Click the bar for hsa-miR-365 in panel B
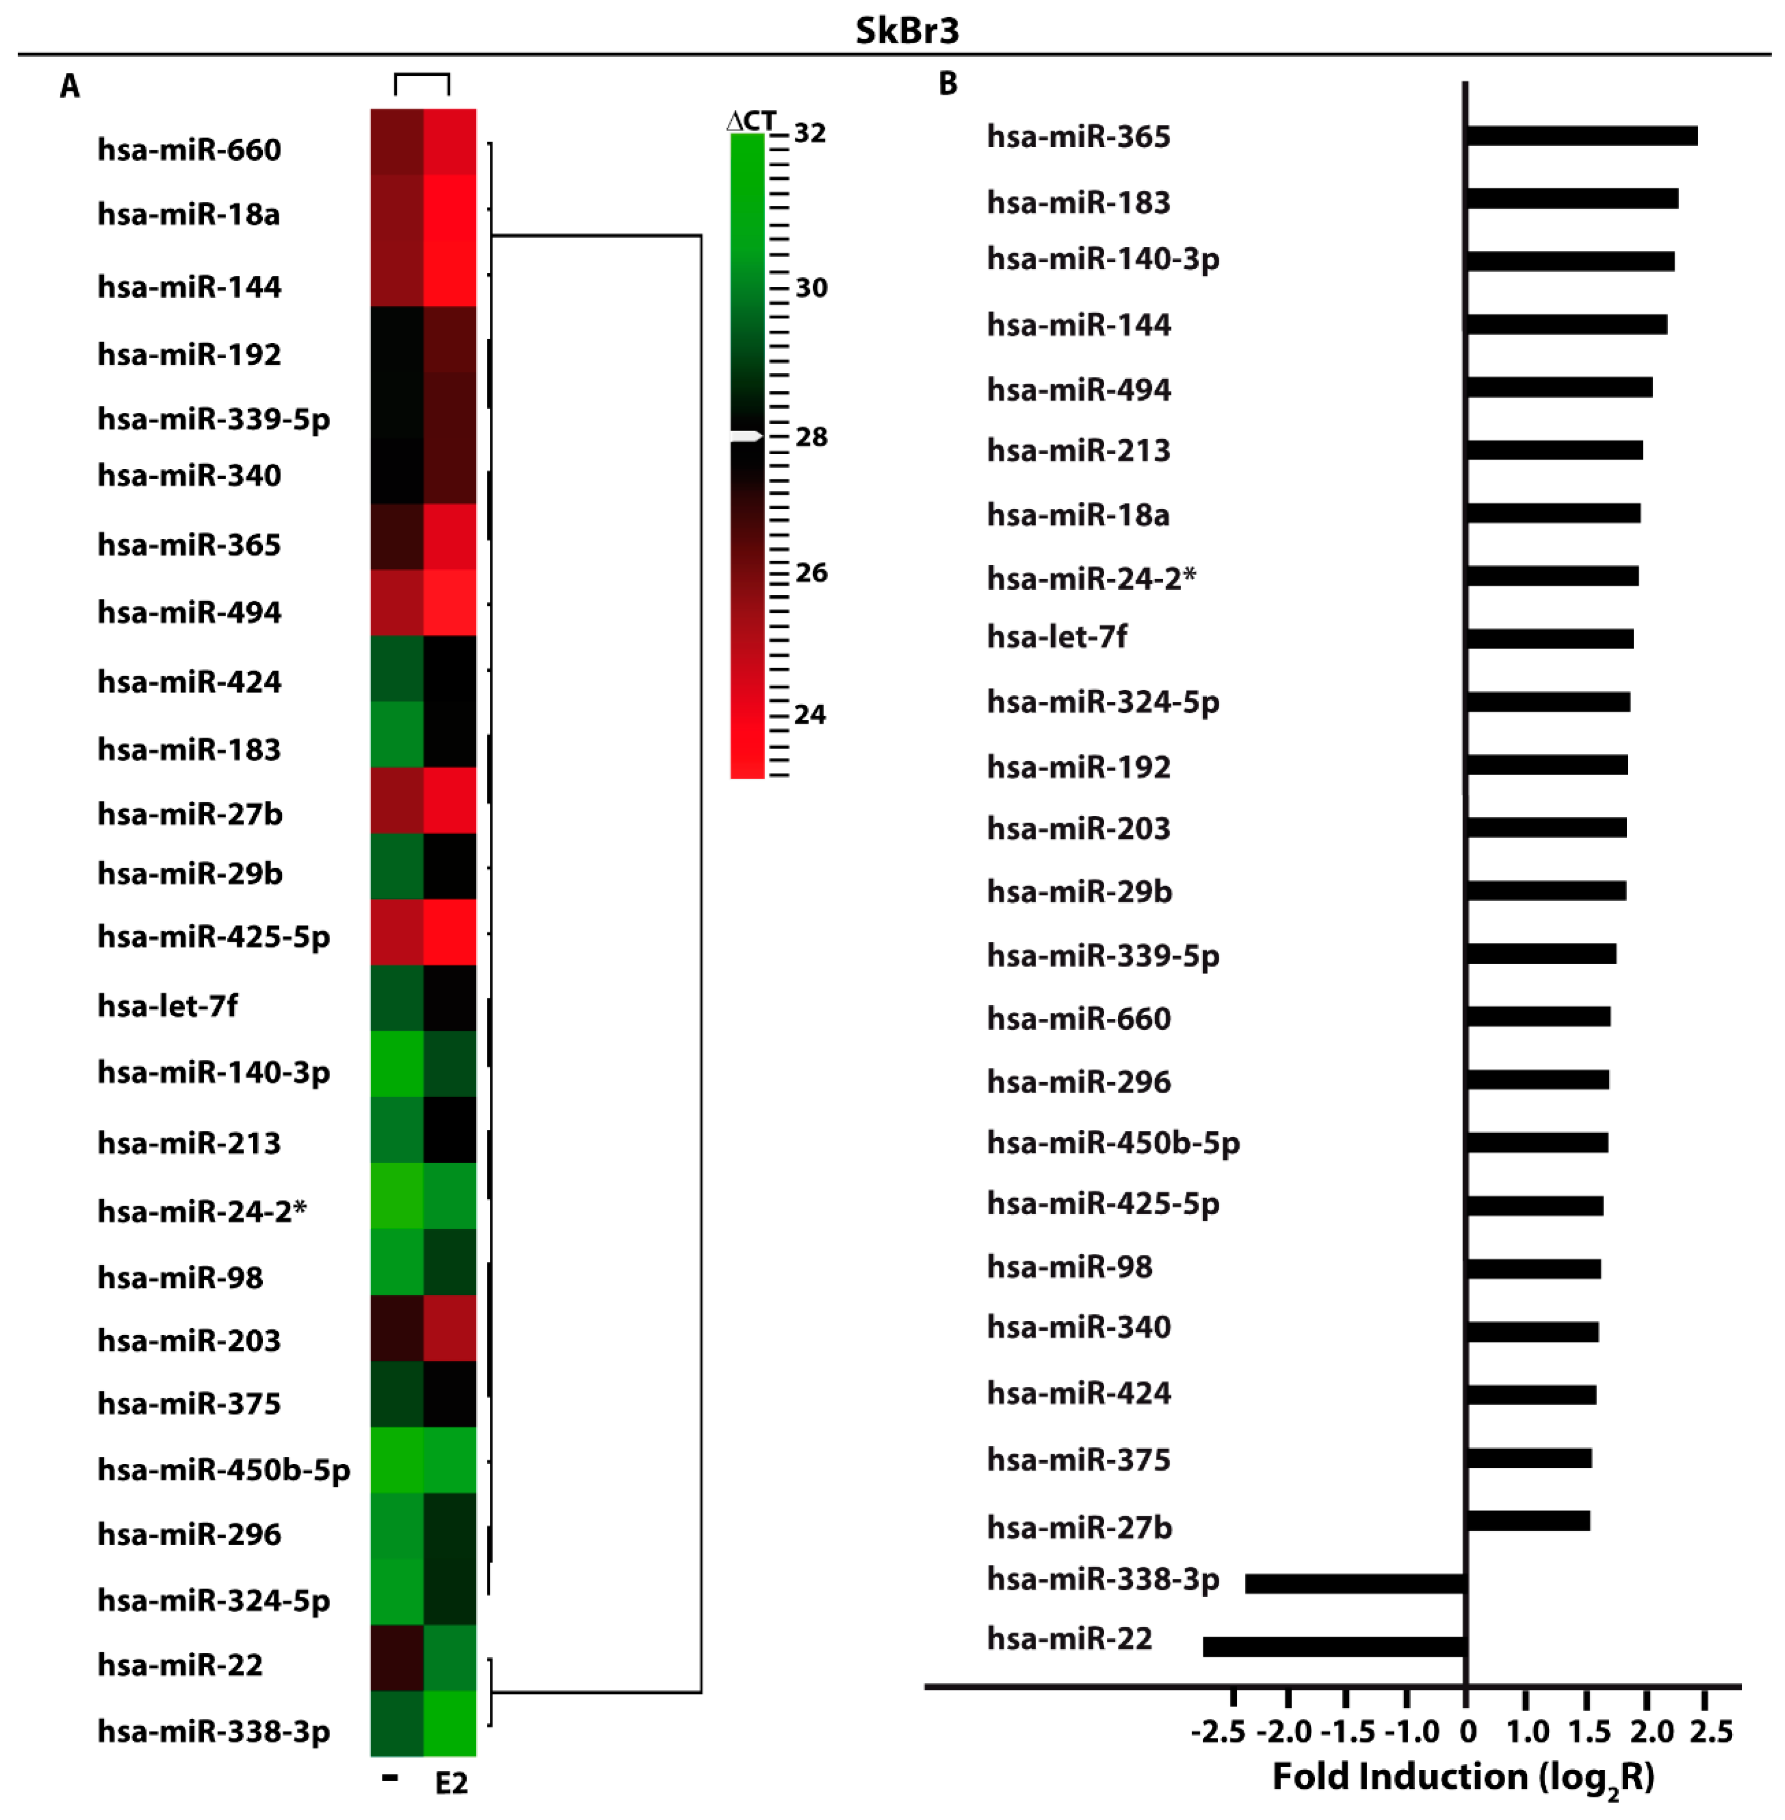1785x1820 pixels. (1582, 136)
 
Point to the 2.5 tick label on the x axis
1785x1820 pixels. (1711, 1732)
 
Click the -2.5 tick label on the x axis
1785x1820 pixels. (1218, 1732)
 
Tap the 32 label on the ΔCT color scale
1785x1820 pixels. (810, 133)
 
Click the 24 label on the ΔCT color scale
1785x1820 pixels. (810, 715)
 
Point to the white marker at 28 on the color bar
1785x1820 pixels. (747, 436)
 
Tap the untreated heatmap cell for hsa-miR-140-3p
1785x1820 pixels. (396, 1063)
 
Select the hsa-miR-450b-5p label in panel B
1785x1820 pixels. (1113, 1142)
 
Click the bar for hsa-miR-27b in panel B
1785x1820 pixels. (1528, 1520)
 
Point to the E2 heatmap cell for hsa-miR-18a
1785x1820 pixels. (450, 208)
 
